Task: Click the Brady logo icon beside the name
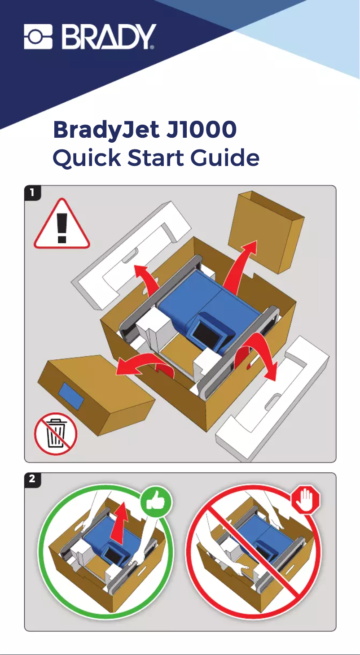point(38,36)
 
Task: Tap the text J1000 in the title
point(201,130)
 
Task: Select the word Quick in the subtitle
point(87,157)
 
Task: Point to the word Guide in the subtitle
point(225,157)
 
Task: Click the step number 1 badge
point(32,193)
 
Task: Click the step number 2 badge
point(32,479)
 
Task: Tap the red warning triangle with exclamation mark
point(62,224)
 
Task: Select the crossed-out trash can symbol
point(56,434)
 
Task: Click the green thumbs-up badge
point(156,502)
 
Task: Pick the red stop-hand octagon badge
point(306,499)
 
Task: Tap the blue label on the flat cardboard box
point(71,396)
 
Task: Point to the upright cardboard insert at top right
point(266,232)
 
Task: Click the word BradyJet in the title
point(106,131)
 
